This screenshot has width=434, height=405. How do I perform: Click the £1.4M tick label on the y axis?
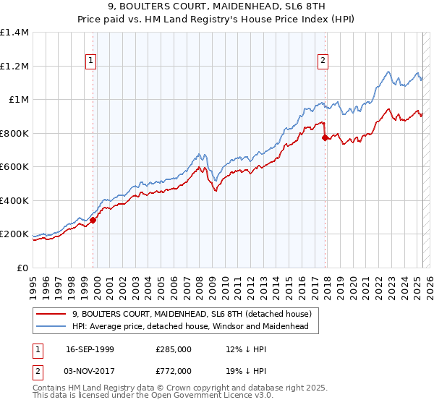click(x=14, y=33)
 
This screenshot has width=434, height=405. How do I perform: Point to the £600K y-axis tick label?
click(x=14, y=167)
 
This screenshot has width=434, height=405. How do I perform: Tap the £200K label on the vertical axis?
click(x=14, y=234)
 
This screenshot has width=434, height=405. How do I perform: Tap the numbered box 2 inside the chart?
click(x=323, y=61)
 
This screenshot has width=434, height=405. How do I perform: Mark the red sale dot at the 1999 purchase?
click(x=93, y=220)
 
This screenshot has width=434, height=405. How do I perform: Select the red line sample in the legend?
click(x=51, y=314)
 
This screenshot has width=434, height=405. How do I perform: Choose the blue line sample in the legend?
click(x=51, y=326)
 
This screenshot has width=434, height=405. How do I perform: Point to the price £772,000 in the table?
click(x=174, y=370)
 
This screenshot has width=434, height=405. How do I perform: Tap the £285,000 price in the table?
click(x=174, y=349)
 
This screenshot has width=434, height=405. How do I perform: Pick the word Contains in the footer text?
click(x=50, y=388)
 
